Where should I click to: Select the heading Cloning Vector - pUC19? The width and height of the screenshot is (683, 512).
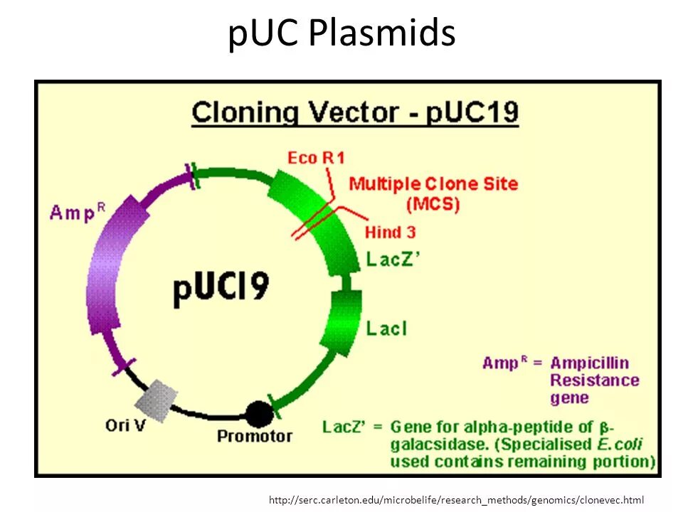click(355, 114)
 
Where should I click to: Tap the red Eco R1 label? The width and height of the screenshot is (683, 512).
click(315, 158)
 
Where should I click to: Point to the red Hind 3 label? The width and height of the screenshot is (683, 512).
click(390, 232)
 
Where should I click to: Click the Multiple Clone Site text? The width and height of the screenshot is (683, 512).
click(433, 183)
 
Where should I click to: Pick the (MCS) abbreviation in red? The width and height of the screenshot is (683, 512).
click(433, 205)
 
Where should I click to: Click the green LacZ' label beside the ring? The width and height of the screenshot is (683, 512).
click(393, 260)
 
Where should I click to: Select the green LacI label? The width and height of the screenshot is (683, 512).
click(386, 328)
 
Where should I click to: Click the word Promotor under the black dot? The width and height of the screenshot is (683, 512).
click(254, 436)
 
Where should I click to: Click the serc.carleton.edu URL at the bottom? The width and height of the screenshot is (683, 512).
click(456, 500)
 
